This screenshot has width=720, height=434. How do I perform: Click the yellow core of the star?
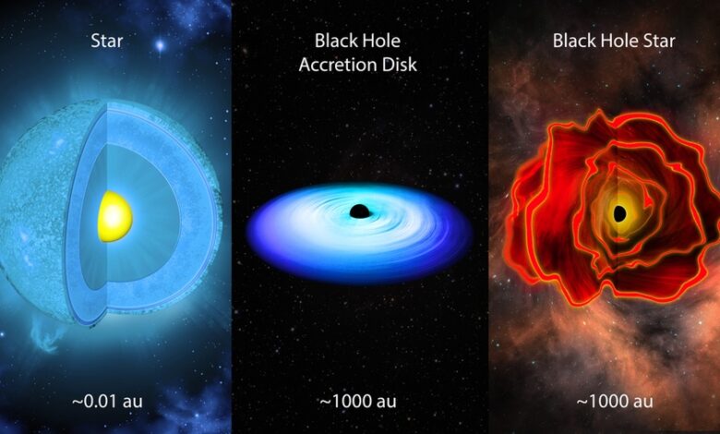[115, 216]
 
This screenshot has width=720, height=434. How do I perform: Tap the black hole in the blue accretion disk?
[360, 211]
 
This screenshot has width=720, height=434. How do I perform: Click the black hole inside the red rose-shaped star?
[620, 213]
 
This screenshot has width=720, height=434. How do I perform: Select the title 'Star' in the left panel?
[107, 41]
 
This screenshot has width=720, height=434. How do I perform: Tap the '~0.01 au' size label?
[107, 402]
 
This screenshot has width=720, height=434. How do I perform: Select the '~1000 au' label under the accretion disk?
[358, 402]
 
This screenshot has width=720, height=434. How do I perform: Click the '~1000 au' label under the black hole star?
[615, 402]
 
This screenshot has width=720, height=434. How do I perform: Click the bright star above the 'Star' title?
[160, 45]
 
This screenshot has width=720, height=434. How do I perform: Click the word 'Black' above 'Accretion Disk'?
[333, 41]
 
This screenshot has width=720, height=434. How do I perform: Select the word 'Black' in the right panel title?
[570, 41]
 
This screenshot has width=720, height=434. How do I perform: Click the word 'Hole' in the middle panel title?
[383, 41]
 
